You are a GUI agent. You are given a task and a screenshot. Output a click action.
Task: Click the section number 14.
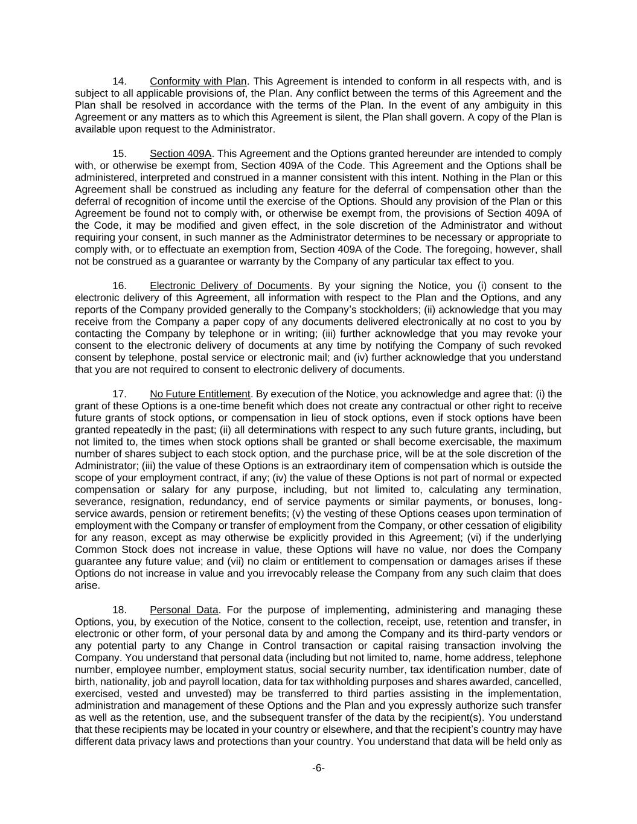(120, 81)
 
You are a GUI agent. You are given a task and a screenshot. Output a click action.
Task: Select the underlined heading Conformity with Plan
(198, 81)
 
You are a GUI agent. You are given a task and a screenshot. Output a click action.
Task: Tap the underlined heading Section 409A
(181, 153)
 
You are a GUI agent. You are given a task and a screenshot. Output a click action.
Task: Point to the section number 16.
(120, 286)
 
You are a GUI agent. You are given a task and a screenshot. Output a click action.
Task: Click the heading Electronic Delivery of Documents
(229, 286)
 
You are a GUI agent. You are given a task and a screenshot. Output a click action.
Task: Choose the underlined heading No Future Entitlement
(200, 394)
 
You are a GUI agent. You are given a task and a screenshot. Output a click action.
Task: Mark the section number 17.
(120, 394)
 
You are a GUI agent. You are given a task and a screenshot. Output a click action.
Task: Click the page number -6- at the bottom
(318, 768)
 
